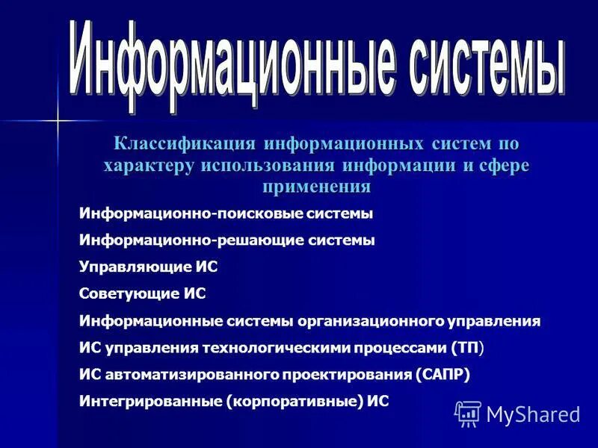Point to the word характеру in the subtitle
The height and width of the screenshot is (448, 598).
148,165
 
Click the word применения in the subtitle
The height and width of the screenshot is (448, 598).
316,187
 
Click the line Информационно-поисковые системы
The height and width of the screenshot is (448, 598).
226,214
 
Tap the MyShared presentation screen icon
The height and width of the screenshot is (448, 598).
467,412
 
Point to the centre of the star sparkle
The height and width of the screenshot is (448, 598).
57,119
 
